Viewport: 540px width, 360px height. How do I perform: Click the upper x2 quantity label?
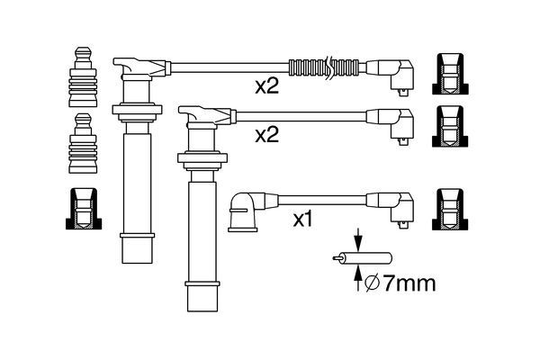click(266, 86)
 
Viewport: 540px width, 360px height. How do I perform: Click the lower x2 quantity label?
click(266, 135)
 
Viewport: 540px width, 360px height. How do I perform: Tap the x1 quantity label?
click(302, 220)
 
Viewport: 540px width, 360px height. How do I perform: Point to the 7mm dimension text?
click(409, 283)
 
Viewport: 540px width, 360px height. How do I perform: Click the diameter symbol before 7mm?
click(372, 283)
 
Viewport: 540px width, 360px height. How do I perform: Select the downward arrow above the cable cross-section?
click(358, 240)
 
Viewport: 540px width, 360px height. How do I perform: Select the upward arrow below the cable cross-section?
click(358, 278)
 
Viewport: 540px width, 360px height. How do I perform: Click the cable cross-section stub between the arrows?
click(363, 258)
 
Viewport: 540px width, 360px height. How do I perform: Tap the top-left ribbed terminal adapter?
click(83, 76)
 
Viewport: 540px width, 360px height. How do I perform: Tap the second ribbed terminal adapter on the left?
click(83, 143)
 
